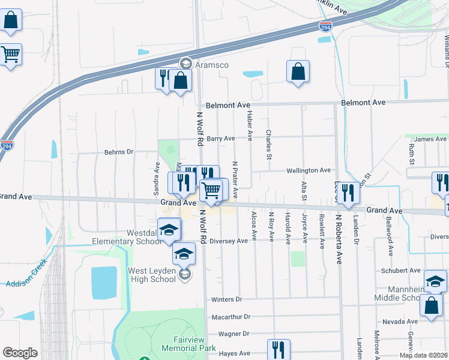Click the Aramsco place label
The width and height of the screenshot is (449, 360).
click(x=211, y=63)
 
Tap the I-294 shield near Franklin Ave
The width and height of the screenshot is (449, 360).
click(x=324, y=26)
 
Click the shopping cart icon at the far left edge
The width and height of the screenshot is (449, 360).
click(x=10, y=55)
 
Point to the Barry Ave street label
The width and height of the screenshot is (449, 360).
click(x=220, y=139)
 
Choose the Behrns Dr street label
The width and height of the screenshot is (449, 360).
click(x=118, y=152)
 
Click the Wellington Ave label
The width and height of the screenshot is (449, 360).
click(x=309, y=170)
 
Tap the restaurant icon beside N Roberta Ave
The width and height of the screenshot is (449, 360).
click(x=347, y=193)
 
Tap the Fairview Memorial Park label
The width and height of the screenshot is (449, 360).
click(x=188, y=343)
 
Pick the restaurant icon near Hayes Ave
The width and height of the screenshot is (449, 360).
click(x=279, y=349)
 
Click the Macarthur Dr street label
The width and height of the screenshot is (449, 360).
click(x=231, y=317)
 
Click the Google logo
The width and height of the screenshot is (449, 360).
click(x=20, y=353)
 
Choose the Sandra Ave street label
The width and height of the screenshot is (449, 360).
click(x=157, y=174)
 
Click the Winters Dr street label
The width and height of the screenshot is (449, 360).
click(x=226, y=299)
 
